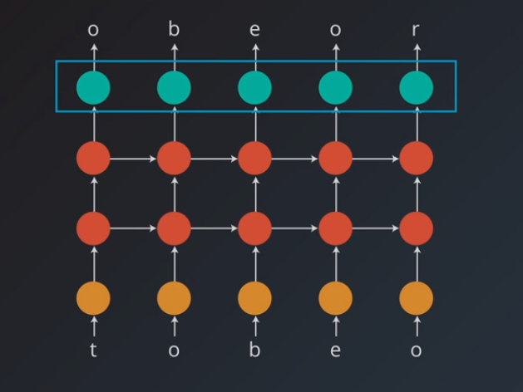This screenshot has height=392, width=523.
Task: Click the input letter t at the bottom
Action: tap(93, 350)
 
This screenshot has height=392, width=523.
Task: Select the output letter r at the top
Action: tap(416, 30)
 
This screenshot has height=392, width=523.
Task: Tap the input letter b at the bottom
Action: tap(254, 350)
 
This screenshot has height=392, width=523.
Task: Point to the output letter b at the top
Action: tap(174, 30)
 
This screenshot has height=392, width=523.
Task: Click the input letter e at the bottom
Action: tap(335, 350)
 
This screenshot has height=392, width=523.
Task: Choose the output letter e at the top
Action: tap(254, 30)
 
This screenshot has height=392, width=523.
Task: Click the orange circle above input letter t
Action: tap(93, 298)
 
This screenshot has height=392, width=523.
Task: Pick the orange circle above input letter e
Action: tap(335, 298)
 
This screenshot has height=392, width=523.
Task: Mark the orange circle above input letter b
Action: tap(254, 298)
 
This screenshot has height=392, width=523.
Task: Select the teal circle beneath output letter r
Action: tap(416, 88)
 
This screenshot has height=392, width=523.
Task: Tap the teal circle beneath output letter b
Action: tap(174, 88)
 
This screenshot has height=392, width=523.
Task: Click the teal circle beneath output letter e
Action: tap(254, 88)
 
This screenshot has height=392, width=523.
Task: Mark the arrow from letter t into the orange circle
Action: tap(93, 325)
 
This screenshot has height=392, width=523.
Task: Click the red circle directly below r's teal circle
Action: tap(416, 158)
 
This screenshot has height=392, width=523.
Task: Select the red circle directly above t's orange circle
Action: tap(93, 228)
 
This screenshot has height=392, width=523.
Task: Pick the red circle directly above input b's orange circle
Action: tap(254, 228)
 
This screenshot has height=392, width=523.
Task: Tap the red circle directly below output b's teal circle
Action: tap(174, 158)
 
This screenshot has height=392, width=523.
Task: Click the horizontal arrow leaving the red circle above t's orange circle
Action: tap(133, 228)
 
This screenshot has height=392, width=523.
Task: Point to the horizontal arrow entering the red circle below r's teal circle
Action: tap(376, 158)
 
